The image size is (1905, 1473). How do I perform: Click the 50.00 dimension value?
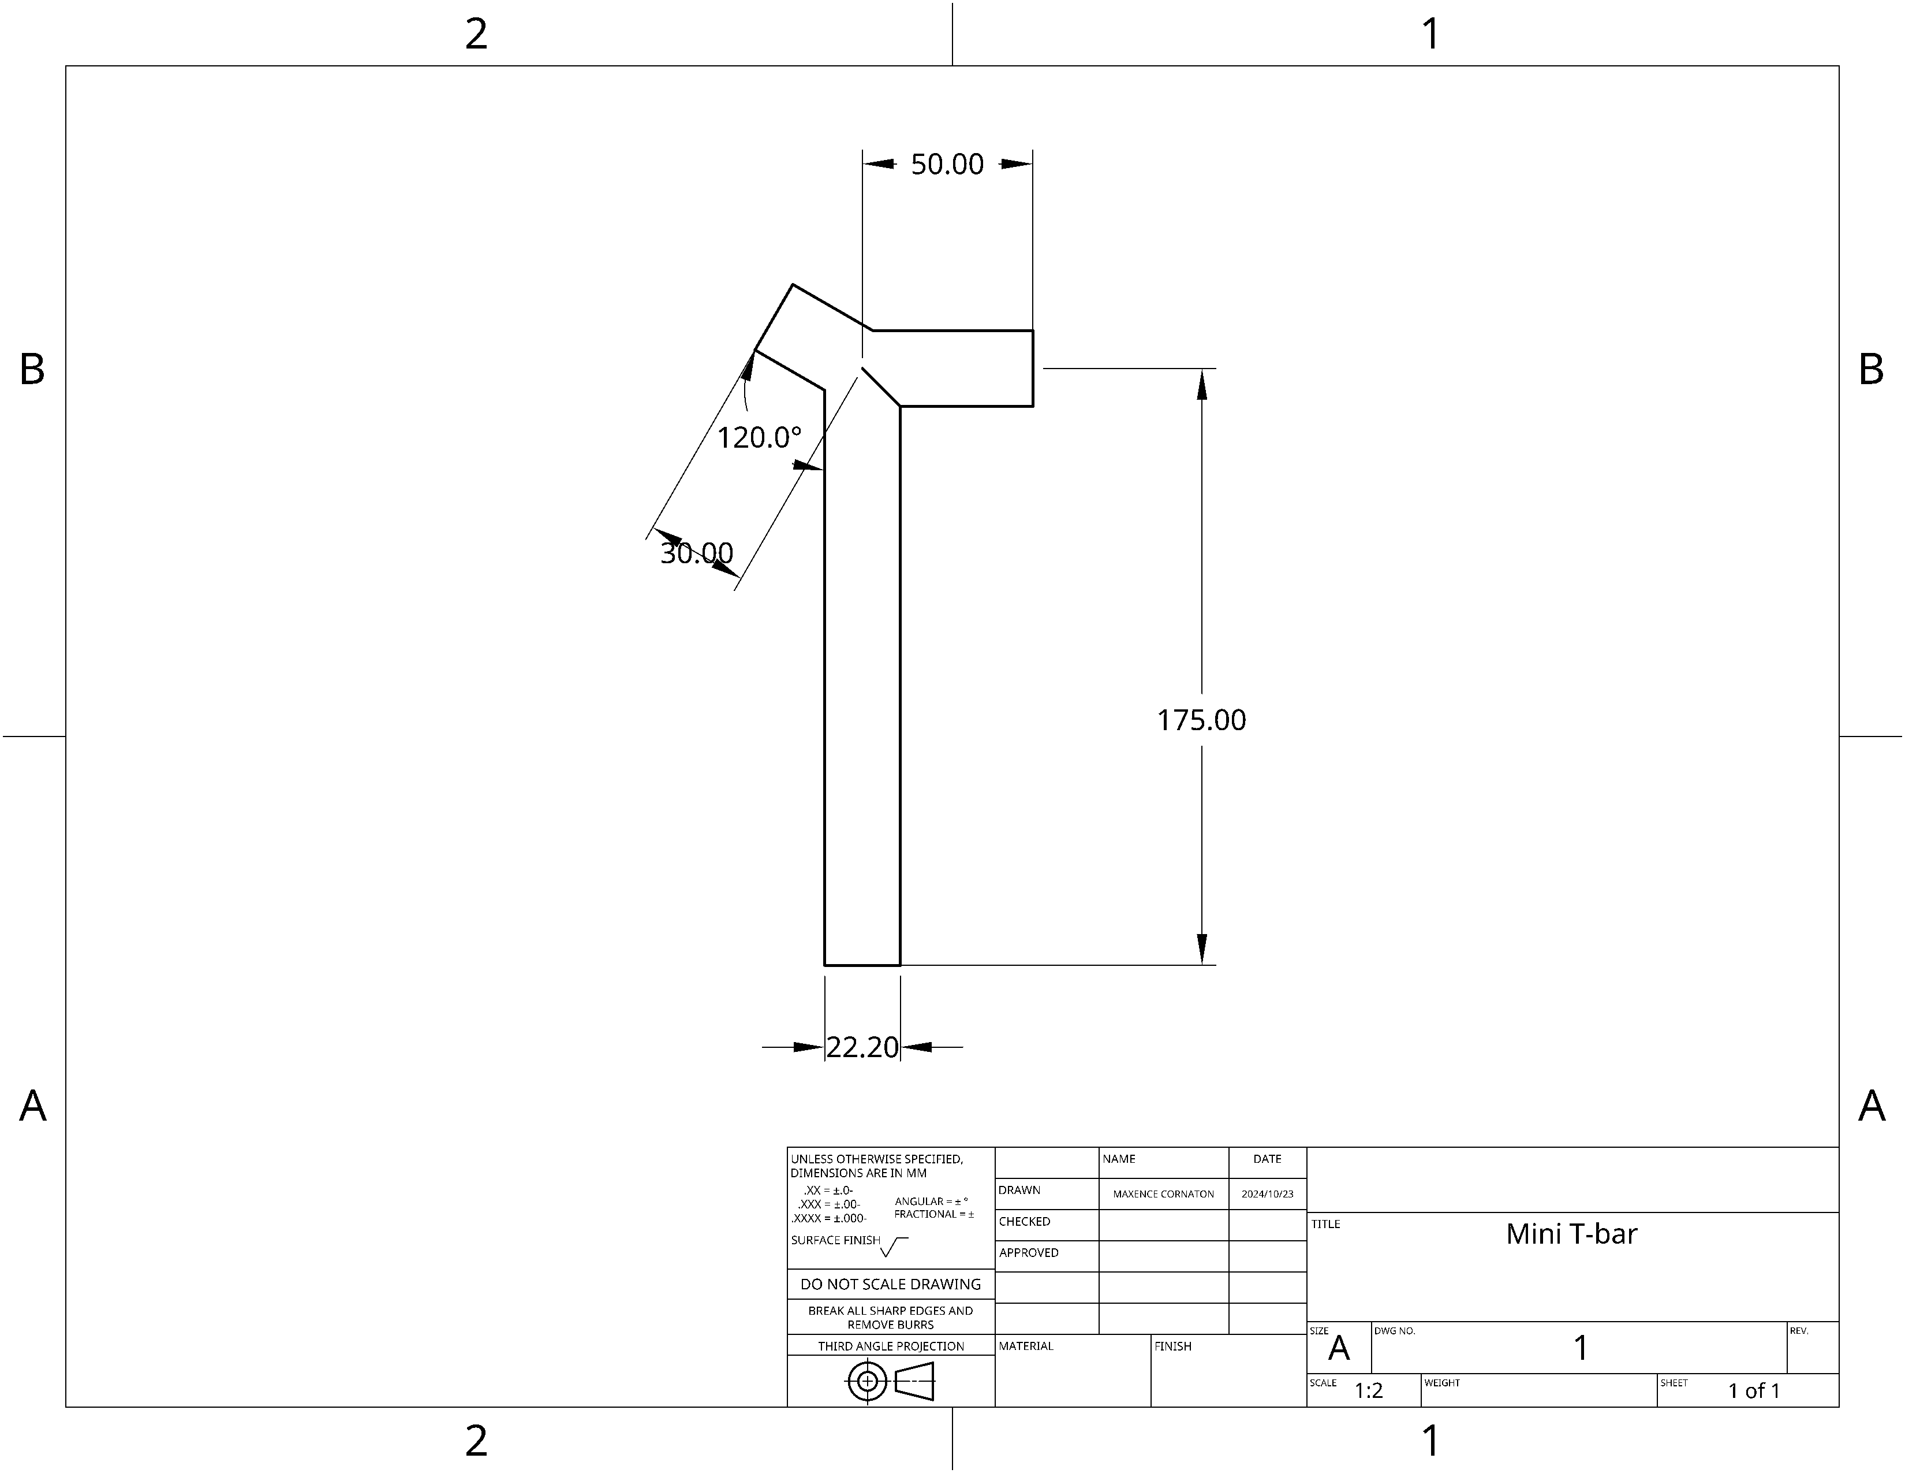coord(947,164)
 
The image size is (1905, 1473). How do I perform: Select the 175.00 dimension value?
coord(1201,720)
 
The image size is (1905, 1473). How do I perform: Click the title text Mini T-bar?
coord(1572,1234)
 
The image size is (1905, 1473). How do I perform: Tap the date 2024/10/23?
coord(1267,1194)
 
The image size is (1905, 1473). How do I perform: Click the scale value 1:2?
coord(1369,1390)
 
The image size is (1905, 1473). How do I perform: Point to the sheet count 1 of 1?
coord(1754,1390)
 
